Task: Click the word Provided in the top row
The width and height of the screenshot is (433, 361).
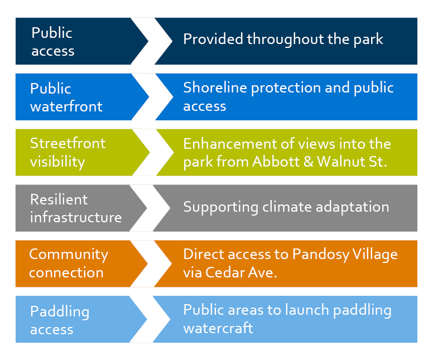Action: click(x=213, y=39)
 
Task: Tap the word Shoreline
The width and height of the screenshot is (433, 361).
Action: click(x=215, y=87)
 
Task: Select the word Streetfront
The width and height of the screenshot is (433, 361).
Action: click(x=68, y=143)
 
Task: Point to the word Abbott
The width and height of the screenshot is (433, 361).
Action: click(x=276, y=162)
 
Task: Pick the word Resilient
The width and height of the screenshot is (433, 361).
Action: click(x=59, y=199)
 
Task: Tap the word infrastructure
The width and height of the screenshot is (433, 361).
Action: click(x=76, y=217)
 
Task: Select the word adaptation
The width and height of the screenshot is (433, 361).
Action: click(x=352, y=207)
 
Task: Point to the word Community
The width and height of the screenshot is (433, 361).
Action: click(x=69, y=255)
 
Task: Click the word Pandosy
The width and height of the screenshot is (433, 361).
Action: click(x=321, y=255)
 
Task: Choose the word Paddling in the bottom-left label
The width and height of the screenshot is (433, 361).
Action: click(x=60, y=312)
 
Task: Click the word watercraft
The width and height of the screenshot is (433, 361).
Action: click(x=218, y=328)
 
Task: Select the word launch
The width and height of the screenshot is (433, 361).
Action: click(x=307, y=310)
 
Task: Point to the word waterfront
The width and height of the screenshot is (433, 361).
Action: click(x=66, y=106)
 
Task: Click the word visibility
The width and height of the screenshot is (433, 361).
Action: click(x=57, y=162)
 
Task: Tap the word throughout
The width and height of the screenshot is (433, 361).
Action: click(x=285, y=40)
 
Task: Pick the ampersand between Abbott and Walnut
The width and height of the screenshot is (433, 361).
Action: click(x=308, y=162)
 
